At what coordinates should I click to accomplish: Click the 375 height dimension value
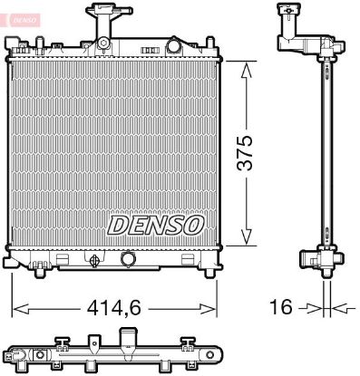click(244, 153)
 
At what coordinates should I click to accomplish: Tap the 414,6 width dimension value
click(113, 308)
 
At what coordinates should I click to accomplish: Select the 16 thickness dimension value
click(281, 307)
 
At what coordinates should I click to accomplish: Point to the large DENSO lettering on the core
click(156, 226)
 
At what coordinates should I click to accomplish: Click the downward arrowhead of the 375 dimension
click(247, 235)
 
